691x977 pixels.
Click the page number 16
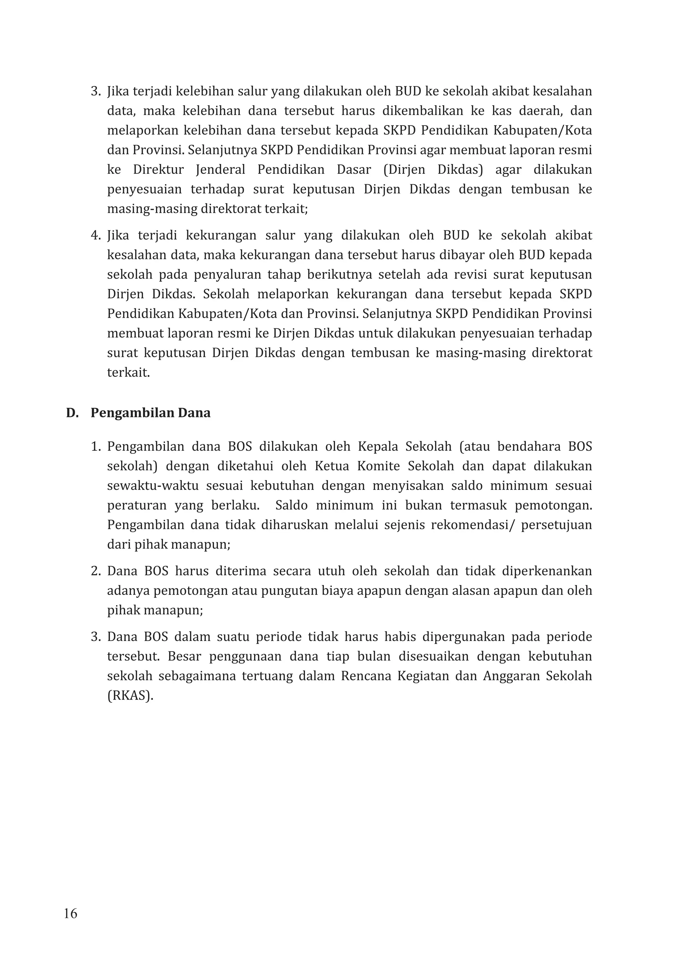71,914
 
